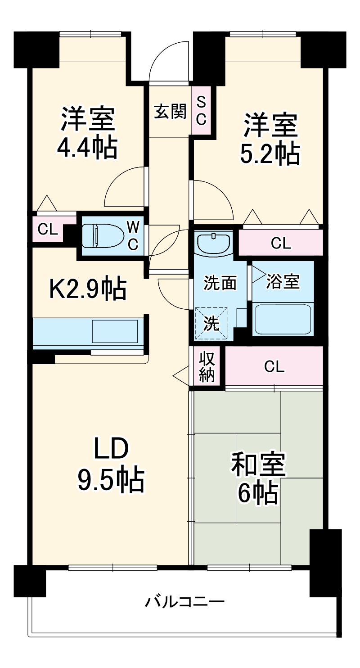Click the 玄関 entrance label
(x=170, y=111)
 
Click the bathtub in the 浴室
(x=282, y=318)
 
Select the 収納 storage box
(x=207, y=366)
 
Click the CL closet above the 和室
(x=274, y=366)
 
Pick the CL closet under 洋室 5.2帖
(x=281, y=244)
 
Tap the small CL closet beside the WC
(x=48, y=230)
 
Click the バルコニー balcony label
(x=184, y=601)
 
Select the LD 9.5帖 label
(x=111, y=464)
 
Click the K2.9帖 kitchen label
(x=87, y=289)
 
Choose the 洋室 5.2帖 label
(x=270, y=139)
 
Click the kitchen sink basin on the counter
(x=115, y=332)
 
